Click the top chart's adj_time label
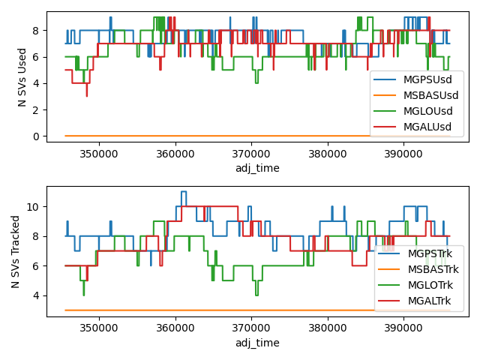pyautogui.click(x=257, y=168)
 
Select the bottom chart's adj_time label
pyautogui.click(x=257, y=343)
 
